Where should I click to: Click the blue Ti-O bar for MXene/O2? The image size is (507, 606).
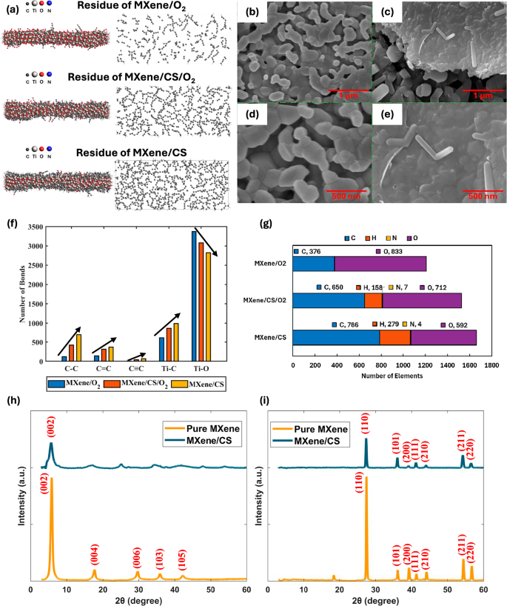194,296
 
